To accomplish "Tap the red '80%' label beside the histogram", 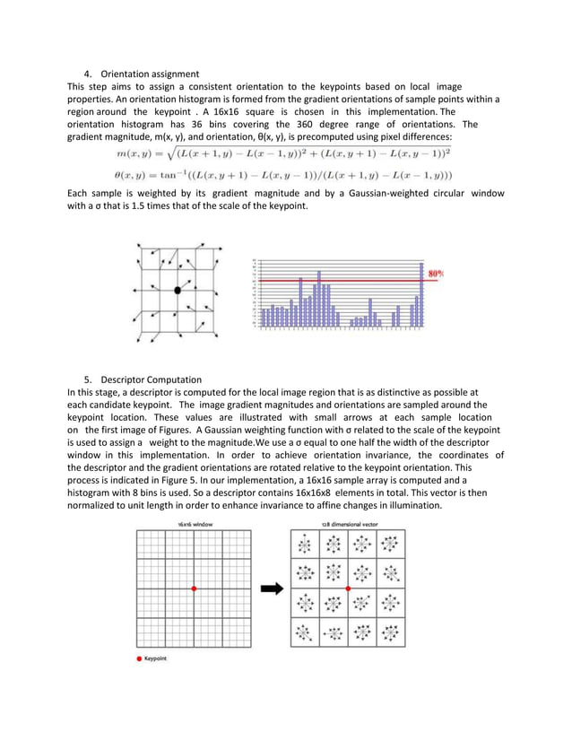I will coord(438,272).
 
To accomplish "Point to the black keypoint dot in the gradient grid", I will coord(178,291).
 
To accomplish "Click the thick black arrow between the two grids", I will coord(267,589).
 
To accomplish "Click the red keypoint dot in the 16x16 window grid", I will coord(194,588).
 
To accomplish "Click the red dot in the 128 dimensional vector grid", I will coord(348,588).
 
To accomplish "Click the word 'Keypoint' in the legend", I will coord(158,658).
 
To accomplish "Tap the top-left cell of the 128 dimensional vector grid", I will coord(306,545).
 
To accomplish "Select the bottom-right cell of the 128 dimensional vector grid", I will coord(390,632).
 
